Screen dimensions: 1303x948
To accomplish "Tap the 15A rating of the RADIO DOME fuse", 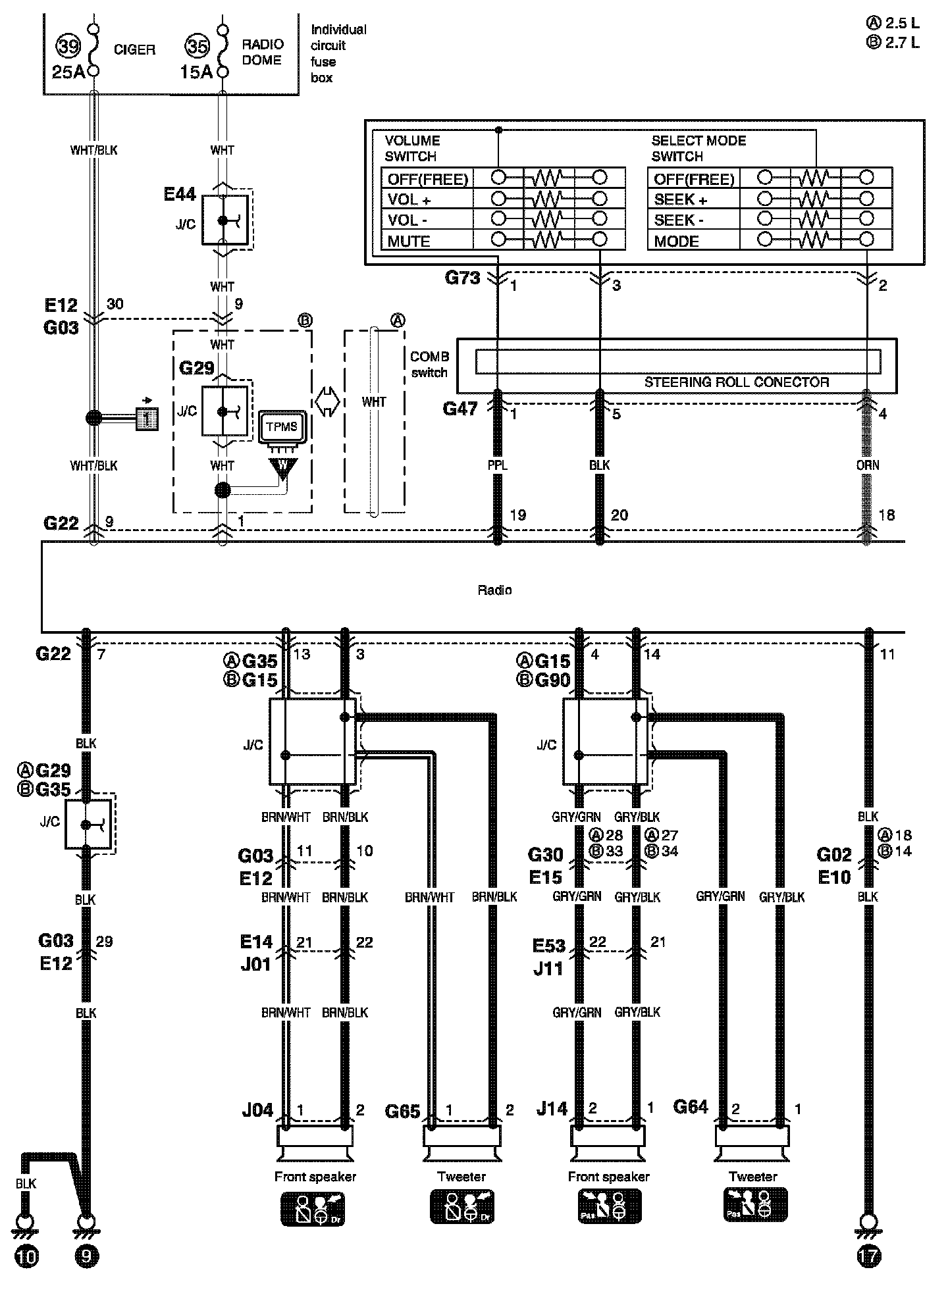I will (x=196, y=72).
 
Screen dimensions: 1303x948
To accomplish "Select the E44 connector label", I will (x=180, y=195).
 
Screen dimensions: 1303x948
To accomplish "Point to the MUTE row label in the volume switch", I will (x=409, y=242).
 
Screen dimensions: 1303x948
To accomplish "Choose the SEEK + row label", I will (x=681, y=199).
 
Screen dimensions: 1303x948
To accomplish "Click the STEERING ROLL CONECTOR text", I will (x=736, y=382).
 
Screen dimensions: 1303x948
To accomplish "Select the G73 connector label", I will (x=462, y=278).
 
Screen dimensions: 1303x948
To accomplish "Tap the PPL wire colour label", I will (x=497, y=465).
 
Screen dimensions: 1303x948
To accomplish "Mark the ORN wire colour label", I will (x=867, y=465).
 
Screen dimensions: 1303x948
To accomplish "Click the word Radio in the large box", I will (x=494, y=590).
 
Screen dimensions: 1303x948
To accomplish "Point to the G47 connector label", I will (x=460, y=409).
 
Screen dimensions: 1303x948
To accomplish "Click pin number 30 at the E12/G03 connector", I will (x=115, y=304).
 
